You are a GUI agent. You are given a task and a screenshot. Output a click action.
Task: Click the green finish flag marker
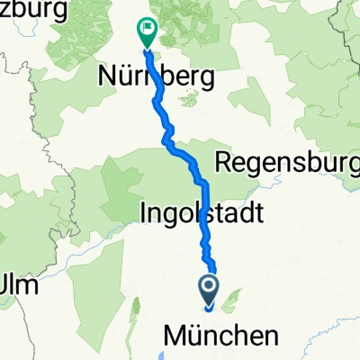click(x=145, y=32)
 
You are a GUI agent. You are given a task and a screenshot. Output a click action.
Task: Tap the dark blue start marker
click(x=209, y=290)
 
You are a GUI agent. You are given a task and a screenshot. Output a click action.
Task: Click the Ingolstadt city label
click(x=202, y=213)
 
